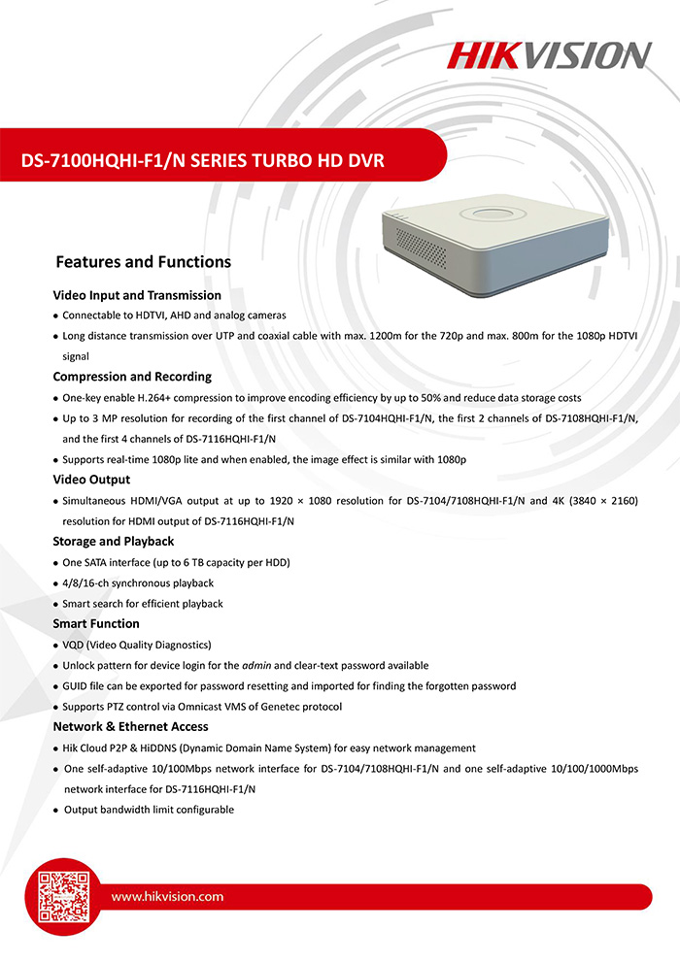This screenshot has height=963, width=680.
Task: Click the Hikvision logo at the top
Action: (x=549, y=54)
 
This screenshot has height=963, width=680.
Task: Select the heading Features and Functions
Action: (x=143, y=262)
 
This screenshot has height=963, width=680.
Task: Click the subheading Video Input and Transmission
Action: (x=137, y=295)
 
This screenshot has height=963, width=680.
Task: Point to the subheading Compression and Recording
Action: (x=132, y=377)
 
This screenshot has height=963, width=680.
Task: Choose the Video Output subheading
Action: (x=91, y=480)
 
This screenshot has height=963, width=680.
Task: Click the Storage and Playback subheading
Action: (x=114, y=542)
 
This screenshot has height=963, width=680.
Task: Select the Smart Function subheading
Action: (x=96, y=624)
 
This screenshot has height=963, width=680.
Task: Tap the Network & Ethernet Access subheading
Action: (x=130, y=727)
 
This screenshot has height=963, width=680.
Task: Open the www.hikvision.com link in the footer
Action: (x=167, y=897)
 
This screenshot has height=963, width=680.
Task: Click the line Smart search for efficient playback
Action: (x=143, y=604)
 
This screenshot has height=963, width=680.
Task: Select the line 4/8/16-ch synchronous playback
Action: (x=138, y=583)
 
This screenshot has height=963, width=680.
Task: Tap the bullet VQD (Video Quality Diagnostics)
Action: (x=137, y=646)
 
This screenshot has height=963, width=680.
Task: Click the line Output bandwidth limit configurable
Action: (x=149, y=810)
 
